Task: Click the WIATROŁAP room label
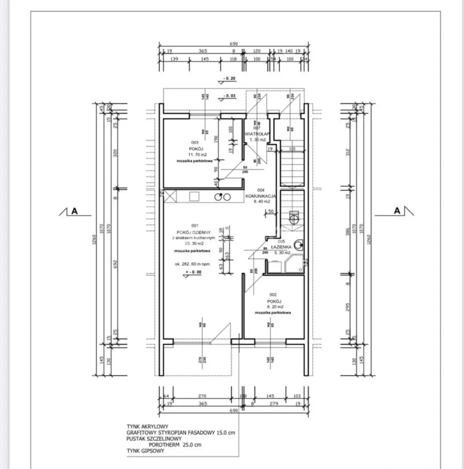point(257,134)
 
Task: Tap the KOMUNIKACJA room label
point(261,196)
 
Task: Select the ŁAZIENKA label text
point(281,247)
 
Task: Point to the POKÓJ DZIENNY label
point(194,232)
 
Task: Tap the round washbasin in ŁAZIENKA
point(299,244)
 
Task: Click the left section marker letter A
point(74,211)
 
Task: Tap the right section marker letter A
point(397,211)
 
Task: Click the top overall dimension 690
point(234,44)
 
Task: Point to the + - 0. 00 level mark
point(193,272)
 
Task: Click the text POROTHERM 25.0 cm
point(175,445)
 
